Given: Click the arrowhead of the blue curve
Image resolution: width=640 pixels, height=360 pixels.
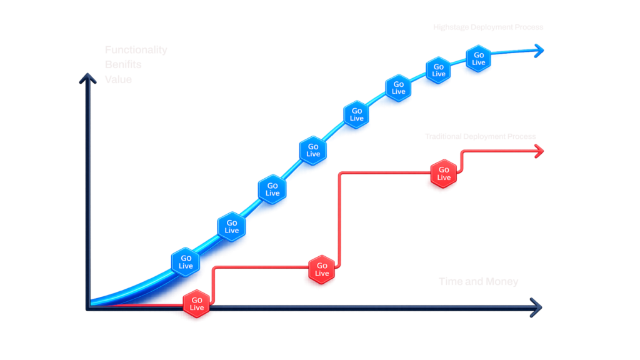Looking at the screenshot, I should tap(538, 51).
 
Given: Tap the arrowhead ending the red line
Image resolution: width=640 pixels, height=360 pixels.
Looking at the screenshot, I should tap(539, 151).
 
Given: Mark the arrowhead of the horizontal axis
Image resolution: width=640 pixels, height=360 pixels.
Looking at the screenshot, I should tap(535, 306).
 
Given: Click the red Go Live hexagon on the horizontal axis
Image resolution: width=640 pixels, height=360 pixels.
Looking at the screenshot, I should tap(197, 304).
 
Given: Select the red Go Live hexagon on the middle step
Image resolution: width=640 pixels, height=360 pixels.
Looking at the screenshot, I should tap(322, 270).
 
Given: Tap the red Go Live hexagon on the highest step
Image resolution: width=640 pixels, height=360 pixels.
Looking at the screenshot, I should tap(444, 173).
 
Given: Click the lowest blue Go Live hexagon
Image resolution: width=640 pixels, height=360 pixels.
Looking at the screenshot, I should tap(186, 262).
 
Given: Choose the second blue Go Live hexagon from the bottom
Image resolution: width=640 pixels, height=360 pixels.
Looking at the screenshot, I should tap(231, 226).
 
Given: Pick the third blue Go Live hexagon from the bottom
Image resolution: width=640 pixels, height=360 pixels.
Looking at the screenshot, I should tap(272, 189).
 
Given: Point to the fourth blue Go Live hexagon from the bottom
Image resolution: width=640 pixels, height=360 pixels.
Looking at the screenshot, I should tap(313, 150).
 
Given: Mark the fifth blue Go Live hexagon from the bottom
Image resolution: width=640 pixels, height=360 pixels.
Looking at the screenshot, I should tap(356, 114).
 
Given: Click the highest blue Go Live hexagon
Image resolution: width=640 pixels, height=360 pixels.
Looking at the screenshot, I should tap(479, 59).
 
